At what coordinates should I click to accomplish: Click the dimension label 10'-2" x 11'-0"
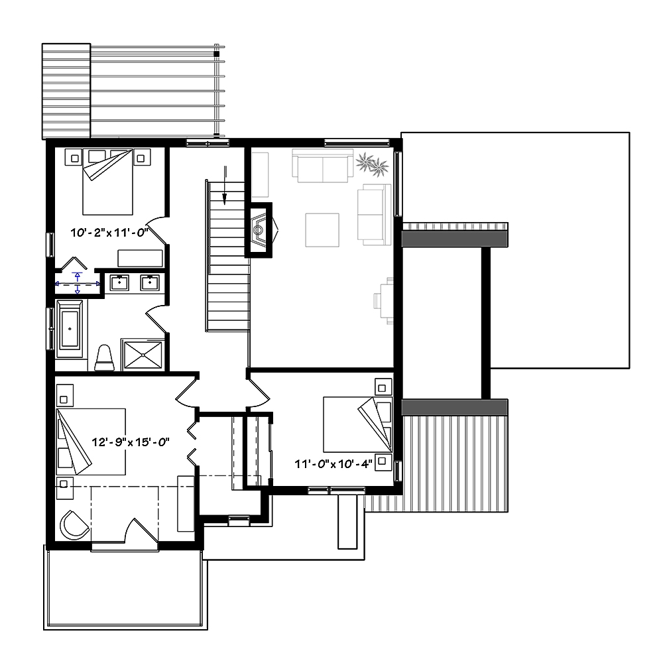click(x=109, y=233)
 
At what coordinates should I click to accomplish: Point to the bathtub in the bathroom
click(x=70, y=327)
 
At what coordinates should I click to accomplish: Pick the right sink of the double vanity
click(x=151, y=282)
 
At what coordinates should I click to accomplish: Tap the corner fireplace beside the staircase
click(x=260, y=229)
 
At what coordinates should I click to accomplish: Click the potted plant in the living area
click(x=371, y=164)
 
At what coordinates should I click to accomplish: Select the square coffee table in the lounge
click(x=322, y=229)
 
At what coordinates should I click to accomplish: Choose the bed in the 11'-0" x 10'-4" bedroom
click(x=357, y=424)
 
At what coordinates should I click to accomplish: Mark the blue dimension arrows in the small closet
click(x=78, y=283)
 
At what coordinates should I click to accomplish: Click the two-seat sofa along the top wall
click(x=323, y=166)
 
